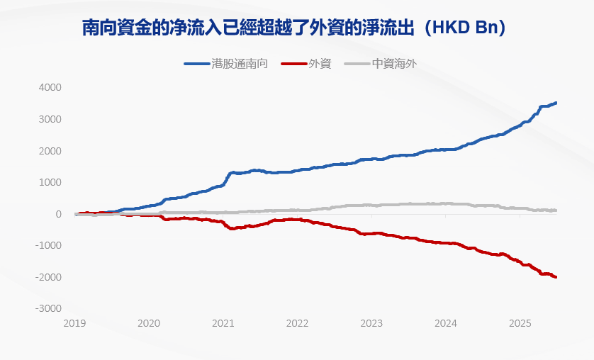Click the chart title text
pyautogui.click(x=296, y=28)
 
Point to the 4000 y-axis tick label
pyautogui.click(x=50, y=87)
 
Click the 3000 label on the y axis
pyautogui.click(x=50, y=119)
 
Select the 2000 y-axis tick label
pyautogui.click(x=50, y=151)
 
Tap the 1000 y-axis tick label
pyautogui.click(x=50, y=182)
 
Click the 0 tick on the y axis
pyautogui.click(x=59, y=214)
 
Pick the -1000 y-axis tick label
pyautogui.click(x=49, y=245)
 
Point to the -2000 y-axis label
pyautogui.click(x=49, y=277)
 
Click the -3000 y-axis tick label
pyautogui.click(x=49, y=309)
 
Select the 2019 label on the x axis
pyautogui.click(x=74, y=323)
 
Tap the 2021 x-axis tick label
pyautogui.click(x=223, y=323)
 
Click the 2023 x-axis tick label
pyautogui.click(x=371, y=323)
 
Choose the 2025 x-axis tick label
pyautogui.click(x=520, y=323)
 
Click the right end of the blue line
pyautogui.click(x=556, y=103)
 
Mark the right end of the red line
pyautogui.click(x=556, y=277)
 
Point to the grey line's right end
pyautogui.click(x=556, y=210)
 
